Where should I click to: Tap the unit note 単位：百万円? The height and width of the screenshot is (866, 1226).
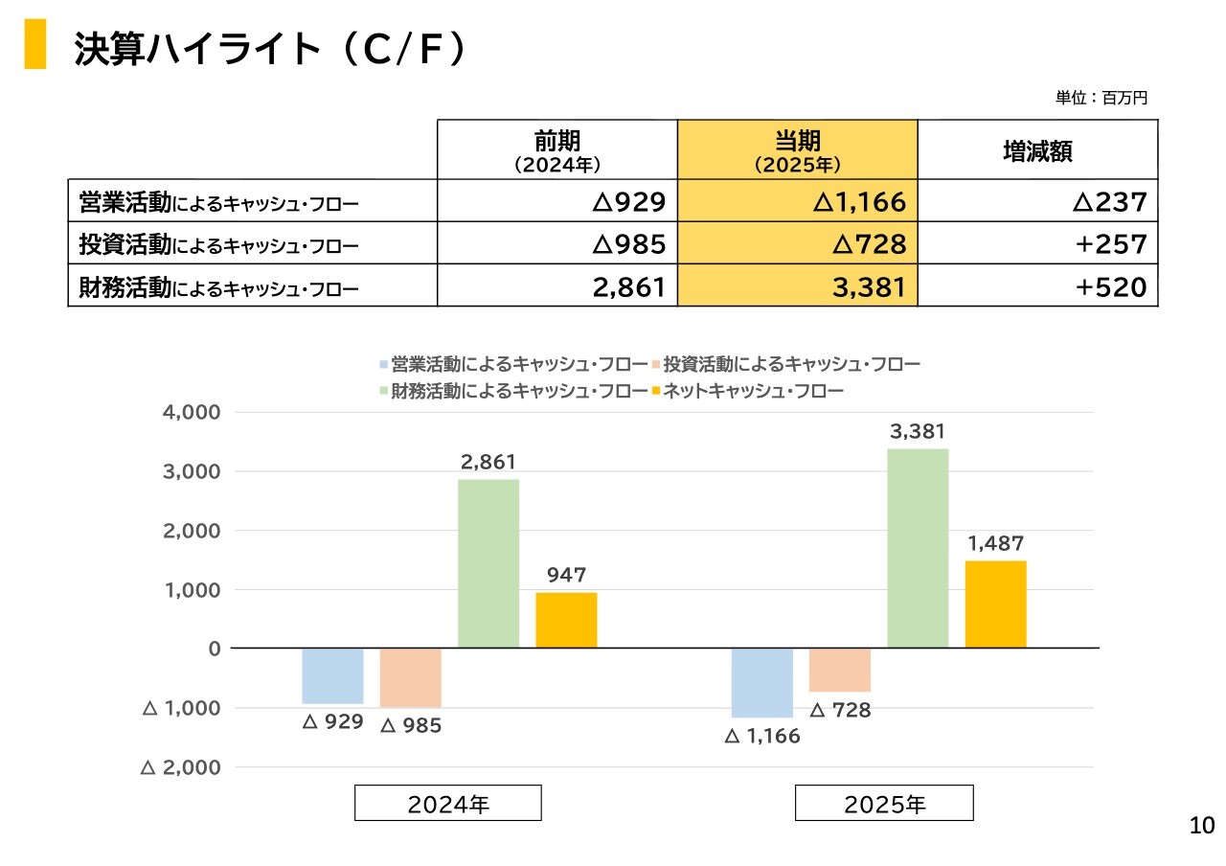(1101, 98)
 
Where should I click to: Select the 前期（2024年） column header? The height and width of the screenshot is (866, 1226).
(557, 151)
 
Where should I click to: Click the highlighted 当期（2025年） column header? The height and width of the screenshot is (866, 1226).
(797, 151)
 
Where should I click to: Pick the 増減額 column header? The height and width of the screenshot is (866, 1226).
(1037, 151)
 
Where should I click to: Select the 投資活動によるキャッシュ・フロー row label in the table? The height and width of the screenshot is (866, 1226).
(219, 245)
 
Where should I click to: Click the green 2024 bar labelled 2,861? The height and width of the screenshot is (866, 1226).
(488, 563)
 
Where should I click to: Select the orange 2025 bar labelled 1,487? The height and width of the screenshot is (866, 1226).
(995, 604)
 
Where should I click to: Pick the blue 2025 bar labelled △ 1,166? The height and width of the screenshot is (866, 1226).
(762, 682)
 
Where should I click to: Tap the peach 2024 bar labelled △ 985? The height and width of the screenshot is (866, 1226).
(411, 677)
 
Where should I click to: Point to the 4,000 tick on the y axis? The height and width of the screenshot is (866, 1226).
(194, 413)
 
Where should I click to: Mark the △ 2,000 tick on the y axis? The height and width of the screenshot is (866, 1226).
(181, 768)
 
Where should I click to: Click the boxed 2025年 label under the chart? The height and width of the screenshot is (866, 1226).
(884, 804)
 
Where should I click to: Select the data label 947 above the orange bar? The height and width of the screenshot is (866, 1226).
(566, 576)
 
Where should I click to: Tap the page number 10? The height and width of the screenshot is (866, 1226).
(1201, 826)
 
